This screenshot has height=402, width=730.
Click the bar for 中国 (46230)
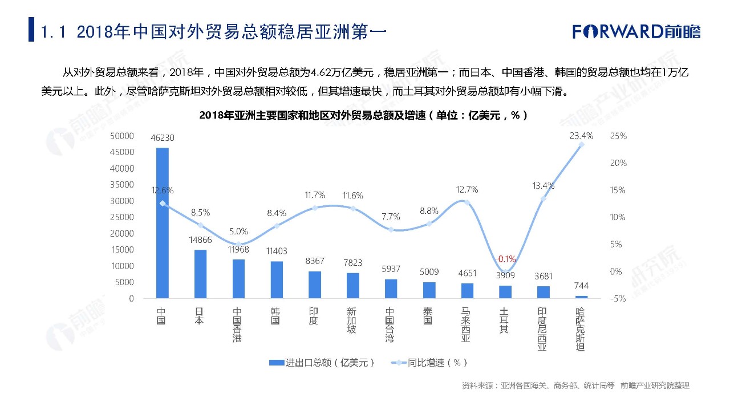pyautogui.click(x=163, y=222)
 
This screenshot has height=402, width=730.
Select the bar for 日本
pyautogui.click(x=201, y=274)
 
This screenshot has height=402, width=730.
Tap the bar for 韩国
pyautogui.click(x=277, y=279)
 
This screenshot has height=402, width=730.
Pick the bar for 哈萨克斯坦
pyautogui.click(x=581, y=297)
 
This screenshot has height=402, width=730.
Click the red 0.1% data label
pyautogui.click(x=506, y=258)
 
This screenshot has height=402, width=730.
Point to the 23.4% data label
pyautogui.click(x=581, y=136)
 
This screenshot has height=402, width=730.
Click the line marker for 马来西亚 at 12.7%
pyautogui.click(x=467, y=202)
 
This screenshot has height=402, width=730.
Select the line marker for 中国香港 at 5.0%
pyautogui.click(x=239, y=244)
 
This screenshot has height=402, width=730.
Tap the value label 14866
pyautogui.click(x=201, y=240)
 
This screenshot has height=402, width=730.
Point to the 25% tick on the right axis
pyautogui.click(x=618, y=136)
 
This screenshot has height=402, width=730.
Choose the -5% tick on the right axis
pyautogui.click(x=618, y=298)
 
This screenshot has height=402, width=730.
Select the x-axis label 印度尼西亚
pyautogui.click(x=543, y=330)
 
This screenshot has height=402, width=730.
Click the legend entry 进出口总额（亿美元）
pyautogui.click(x=322, y=363)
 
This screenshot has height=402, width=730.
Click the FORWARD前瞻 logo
pyautogui.click(x=636, y=31)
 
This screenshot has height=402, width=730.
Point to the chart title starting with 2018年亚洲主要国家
pyautogui.click(x=363, y=115)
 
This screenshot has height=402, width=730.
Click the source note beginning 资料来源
pyautogui.click(x=575, y=386)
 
